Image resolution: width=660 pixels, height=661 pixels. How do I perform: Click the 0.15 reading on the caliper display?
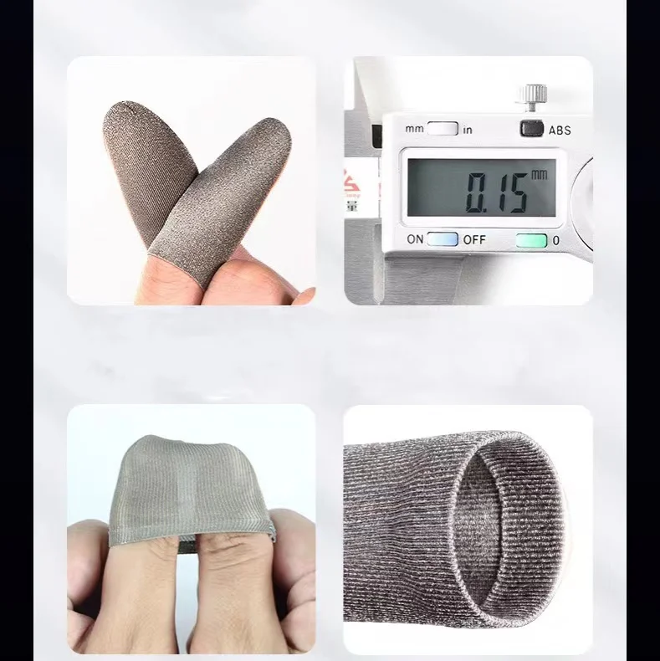tap(496, 192)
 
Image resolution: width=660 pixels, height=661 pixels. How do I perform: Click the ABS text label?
tap(560, 130)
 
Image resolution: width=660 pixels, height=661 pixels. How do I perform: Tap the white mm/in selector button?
tap(443, 129)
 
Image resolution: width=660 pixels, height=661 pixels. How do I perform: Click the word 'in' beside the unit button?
tap(467, 130)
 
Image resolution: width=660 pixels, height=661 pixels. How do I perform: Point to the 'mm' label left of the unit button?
tap(415, 130)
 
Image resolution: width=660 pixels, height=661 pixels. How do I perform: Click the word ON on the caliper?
tap(415, 239)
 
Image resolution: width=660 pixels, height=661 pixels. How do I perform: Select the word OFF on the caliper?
tap(474, 239)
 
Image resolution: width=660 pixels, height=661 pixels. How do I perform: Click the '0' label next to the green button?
tap(555, 240)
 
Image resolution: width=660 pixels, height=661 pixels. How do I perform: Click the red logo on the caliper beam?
tap(350, 181)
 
